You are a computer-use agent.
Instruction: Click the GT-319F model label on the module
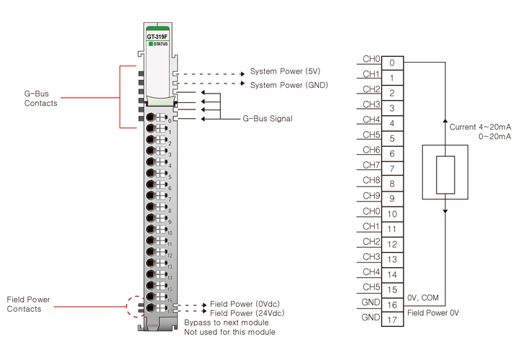[158, 36]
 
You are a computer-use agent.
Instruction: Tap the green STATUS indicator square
[151, 44]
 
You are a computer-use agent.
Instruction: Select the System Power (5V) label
[285, 72]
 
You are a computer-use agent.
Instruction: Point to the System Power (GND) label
[288, 84]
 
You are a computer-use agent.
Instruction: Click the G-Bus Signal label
[267, 118]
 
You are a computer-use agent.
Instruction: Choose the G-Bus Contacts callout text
[41, 98]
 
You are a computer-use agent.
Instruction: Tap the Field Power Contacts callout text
[29, 304]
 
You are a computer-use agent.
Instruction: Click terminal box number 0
[392, 63]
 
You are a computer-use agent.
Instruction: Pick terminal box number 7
[392, 168]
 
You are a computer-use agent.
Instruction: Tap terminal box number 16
[392, 305]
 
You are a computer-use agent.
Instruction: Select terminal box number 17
[392, 320]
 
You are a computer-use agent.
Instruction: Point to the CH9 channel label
[371, 195]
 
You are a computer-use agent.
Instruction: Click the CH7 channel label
[371, 165]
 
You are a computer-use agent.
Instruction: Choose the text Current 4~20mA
[481, 127]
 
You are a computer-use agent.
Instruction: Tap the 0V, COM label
[423, 297]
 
